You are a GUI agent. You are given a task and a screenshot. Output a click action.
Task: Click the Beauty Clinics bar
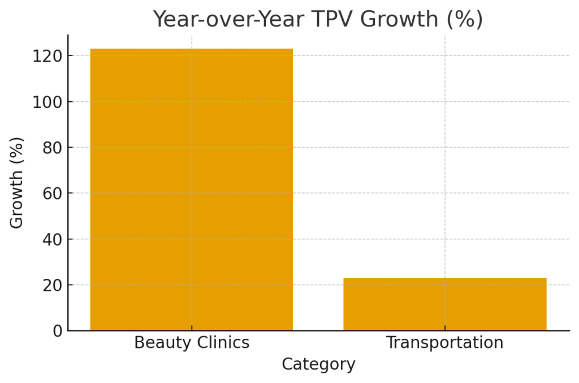[192, 189]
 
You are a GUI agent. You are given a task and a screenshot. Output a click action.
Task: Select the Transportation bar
[445, 304]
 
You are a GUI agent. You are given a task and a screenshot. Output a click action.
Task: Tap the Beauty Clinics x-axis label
[192, 343]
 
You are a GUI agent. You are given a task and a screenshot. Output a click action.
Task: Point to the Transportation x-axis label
[445, 343]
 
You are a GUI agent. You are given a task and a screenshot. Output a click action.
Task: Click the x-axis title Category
[318, 364]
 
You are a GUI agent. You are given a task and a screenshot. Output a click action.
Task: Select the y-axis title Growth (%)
[17, 182]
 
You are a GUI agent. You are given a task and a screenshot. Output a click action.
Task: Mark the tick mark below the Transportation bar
[445, 333]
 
